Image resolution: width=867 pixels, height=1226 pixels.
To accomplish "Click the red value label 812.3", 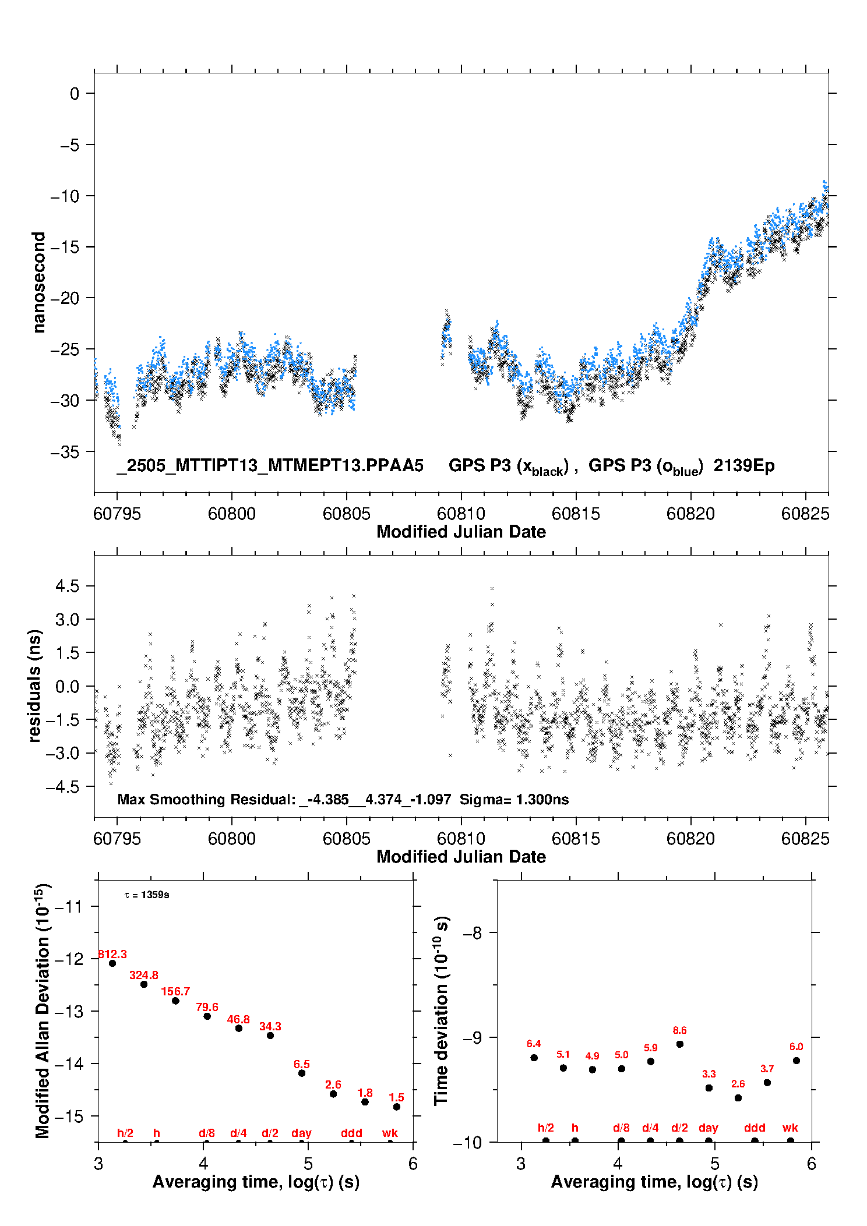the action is pos(112,954).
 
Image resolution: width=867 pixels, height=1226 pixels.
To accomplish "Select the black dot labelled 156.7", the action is pos(175,1001).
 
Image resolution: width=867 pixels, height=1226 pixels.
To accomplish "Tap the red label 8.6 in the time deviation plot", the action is pos(679,1030).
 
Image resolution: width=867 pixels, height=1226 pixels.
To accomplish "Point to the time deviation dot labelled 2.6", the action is pos(738,1098).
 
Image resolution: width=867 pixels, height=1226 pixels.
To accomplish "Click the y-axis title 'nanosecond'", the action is pos(38,282).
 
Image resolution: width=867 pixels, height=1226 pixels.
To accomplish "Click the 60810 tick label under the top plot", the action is pos(461,514).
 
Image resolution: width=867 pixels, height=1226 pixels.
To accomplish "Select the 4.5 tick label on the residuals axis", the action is pos(68,586).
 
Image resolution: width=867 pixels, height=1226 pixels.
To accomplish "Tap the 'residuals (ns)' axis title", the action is pos(35,686).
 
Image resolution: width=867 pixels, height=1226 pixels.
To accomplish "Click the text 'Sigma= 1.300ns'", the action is pos(514,799).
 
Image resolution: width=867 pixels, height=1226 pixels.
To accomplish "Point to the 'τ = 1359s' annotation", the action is pos(147,895).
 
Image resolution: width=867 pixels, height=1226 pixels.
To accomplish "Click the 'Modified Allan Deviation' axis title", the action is pos(42,1011).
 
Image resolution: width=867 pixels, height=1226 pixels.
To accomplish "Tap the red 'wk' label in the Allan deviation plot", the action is pos(390,1133).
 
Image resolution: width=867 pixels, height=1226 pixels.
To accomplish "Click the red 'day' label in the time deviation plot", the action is pos(709,1128).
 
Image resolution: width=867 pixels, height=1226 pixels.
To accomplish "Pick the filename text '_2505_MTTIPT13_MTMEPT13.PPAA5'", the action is pos(270,466).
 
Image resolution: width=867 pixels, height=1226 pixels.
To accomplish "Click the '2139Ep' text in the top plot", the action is pos(744,466).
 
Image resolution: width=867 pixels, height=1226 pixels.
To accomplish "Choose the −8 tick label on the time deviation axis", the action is pos(473,933).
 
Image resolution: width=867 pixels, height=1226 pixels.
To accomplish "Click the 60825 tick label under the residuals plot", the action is pos(805,839).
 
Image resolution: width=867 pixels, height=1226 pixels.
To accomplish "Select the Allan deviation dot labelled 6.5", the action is pos(302,1073).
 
